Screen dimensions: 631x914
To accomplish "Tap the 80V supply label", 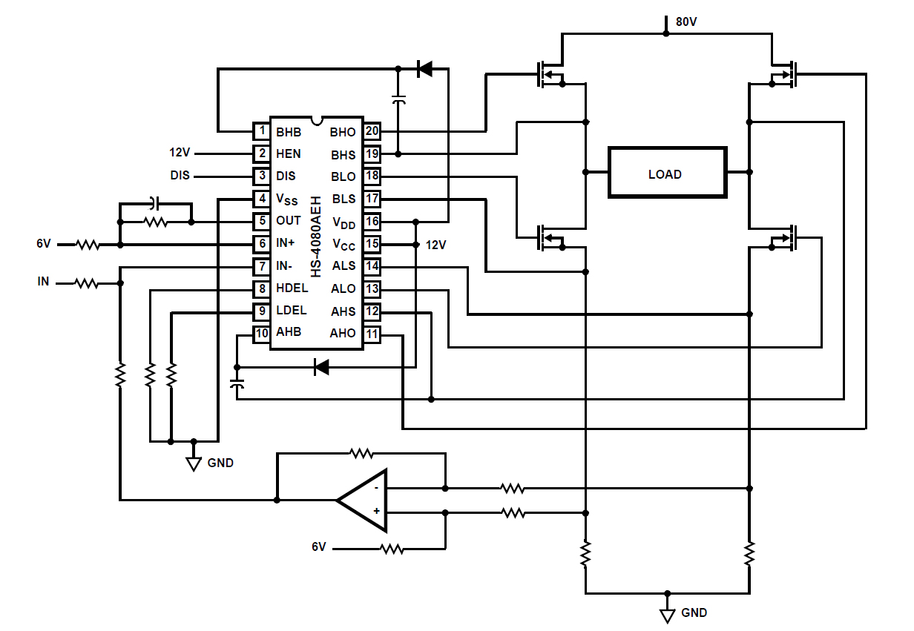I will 685,22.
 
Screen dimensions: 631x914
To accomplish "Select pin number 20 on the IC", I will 372,132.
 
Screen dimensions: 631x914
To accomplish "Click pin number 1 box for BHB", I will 261,132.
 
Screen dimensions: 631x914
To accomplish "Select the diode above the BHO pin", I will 424,69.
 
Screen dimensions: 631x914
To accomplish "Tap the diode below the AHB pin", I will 321,366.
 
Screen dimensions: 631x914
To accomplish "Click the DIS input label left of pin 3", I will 180,176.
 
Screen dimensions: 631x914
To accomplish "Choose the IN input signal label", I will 44,282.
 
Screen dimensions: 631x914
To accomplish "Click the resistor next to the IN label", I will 87,283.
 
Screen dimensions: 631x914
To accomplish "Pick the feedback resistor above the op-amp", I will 361,452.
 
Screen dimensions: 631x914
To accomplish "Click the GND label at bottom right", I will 694,612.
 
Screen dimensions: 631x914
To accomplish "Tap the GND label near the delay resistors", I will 220,463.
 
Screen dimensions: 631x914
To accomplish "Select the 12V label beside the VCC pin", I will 435,245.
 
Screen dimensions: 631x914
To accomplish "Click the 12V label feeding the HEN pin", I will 180,153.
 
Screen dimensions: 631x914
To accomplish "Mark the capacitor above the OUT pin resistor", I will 154,202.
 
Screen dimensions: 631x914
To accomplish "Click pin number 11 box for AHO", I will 372,334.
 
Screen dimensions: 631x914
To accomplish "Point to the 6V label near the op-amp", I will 318,547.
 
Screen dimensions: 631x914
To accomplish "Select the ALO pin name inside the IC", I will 343,289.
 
